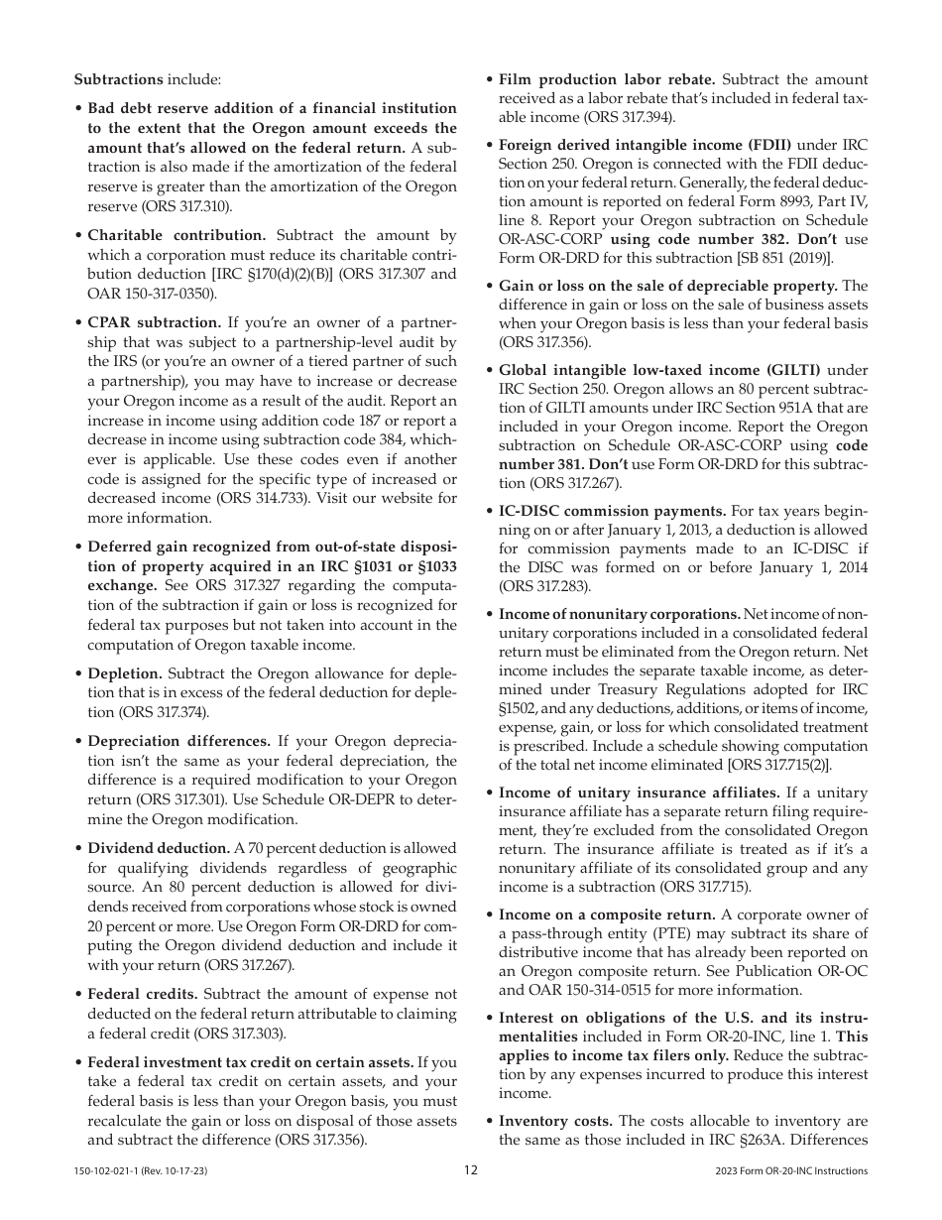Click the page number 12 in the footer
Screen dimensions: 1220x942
tap(471, 1170)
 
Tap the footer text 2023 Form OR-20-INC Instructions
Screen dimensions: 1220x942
tap(790, 1171)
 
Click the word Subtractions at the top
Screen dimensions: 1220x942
tap(118, 79)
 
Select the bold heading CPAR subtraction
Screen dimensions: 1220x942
tap(155, 322)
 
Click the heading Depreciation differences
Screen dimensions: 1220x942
tap(178, 741)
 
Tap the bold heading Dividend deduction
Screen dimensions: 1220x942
tap(159, 848)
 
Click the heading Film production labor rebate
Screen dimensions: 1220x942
tap(606, 79)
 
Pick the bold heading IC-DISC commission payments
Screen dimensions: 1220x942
tap(612, 511)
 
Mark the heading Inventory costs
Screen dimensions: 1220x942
tap(554, 1121)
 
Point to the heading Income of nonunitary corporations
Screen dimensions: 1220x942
tap(618, 614)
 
